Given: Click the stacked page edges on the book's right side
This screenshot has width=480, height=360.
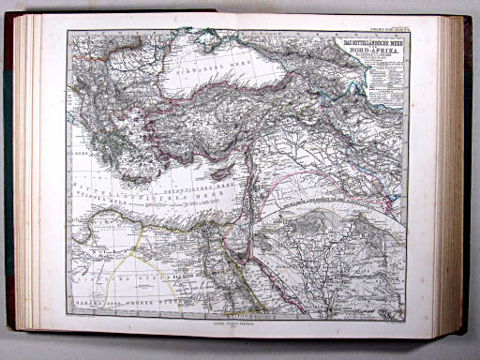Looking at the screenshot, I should pyautogui.click(x=452, y=178).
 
